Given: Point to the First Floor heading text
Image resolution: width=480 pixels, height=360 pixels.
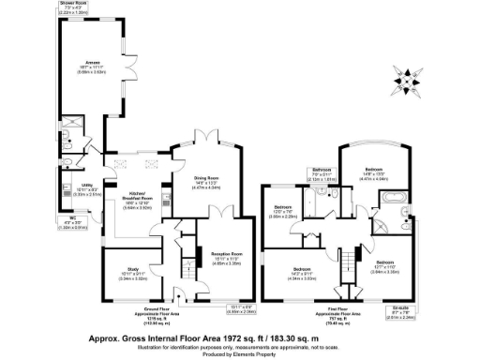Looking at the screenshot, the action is [343, 308].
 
